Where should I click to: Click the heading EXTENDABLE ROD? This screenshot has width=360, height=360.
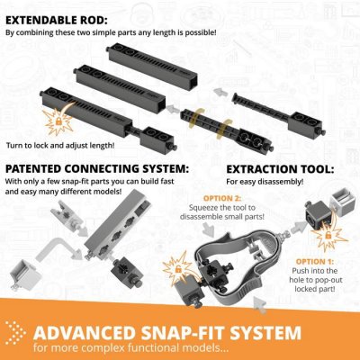click(x=57, y=21)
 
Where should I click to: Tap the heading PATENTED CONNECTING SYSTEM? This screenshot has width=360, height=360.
click(x=97, y=169)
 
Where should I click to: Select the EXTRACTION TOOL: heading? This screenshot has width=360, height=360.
click(x=280, y=169)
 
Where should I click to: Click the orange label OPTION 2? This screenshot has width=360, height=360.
click(x=222, y=198)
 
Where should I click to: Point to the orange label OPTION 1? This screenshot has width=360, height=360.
click(x=315, y=262)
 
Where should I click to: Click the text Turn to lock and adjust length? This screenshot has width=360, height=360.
click(x=60, y=146)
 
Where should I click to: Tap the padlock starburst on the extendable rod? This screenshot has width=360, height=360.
click(x=58, y=121)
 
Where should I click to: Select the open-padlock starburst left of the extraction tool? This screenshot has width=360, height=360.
click(x=177, y=268)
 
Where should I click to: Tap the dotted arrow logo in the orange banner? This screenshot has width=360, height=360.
click(x=15, y=333)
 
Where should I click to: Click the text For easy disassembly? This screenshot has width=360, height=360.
click(x=265, y=182)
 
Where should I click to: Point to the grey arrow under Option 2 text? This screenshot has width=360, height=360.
click(x=209, y=230)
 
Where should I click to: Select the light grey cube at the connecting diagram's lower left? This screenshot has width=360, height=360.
click(x=24, y=274)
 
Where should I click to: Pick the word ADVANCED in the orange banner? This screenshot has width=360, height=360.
click(x=85, y=333)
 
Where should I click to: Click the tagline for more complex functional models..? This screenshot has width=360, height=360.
click(x=131, y=348)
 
